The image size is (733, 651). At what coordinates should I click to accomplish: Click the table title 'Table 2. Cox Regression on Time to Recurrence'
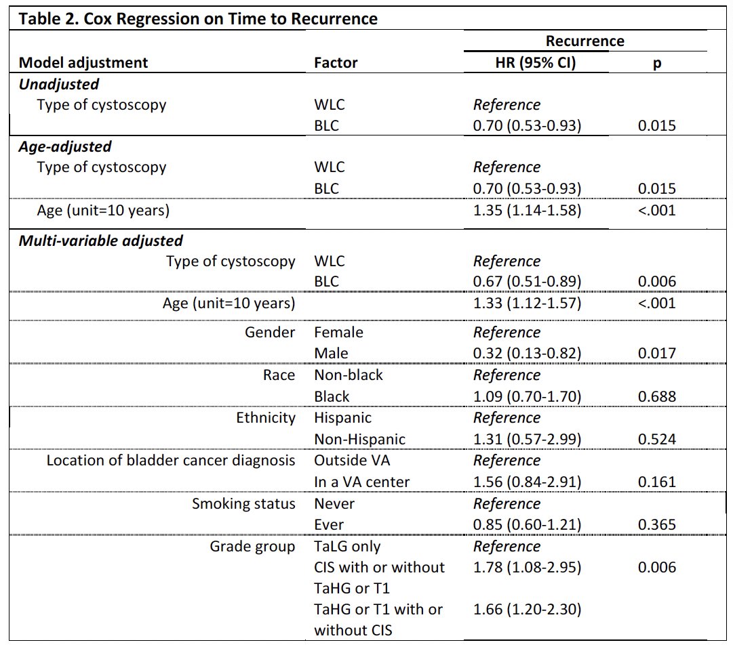198,19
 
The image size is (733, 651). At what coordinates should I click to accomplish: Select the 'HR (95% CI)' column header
536,62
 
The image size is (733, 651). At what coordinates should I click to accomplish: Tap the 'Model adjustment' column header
83,62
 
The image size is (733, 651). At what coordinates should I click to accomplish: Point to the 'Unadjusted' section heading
59,84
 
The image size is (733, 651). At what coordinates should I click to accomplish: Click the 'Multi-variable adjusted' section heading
100,240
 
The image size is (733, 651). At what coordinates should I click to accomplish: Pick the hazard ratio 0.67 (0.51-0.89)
528,282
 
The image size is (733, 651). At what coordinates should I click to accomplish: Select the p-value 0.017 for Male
657,353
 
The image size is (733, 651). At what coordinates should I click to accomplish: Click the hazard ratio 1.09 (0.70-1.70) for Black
528,396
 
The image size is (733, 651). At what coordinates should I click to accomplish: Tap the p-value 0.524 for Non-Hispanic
657,439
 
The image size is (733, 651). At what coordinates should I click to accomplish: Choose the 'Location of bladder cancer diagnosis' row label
171,461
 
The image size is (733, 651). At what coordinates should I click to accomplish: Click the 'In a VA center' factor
362,482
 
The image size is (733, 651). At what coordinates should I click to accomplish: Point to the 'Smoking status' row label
243,504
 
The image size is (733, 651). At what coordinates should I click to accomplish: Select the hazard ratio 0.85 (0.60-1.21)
528,524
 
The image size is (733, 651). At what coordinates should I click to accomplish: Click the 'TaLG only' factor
347,547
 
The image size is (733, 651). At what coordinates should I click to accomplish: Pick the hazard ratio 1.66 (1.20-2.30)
528,610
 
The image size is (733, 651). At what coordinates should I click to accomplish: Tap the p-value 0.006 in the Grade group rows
657,567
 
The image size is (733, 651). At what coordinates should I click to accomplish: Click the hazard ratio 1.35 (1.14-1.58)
528,210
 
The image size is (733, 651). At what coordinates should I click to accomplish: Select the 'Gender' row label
270,332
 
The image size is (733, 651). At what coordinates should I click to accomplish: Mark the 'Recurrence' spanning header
585,41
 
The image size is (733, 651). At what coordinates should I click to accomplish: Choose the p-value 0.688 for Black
657,396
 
